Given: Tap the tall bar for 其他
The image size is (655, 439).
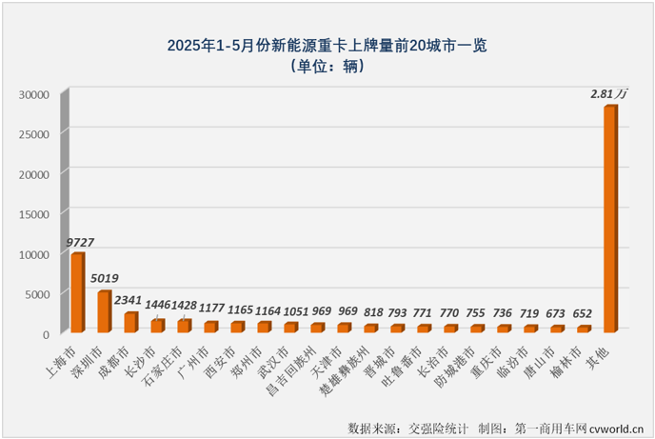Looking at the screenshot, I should (x=610, y=219).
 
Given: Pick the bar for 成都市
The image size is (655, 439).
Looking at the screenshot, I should (x=131, y=323).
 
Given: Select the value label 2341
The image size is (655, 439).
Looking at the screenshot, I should (x=129, y=302).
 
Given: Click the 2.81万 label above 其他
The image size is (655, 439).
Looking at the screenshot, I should (x=609, y=94).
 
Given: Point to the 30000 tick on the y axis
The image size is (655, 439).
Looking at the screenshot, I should (x=33, y=94).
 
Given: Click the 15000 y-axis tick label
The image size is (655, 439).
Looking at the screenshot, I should (x=33, y=214).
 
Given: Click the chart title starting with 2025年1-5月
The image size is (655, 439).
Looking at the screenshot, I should (x=327, y=45).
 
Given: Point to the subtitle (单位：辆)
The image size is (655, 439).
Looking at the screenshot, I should (x=327, y=67).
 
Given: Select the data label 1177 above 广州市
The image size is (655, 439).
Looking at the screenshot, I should (x=211, y=309).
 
